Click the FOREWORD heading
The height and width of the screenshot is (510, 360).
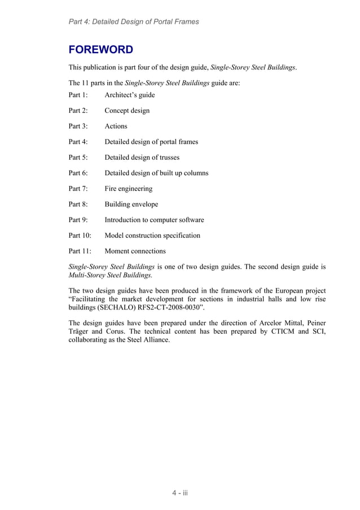click(x=101, y=49)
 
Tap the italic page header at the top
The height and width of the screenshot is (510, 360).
click(x=133, y=21)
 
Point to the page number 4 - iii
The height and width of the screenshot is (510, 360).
click(x=180, y=493)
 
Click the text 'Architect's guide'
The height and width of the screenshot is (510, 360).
click(x=129, y=95)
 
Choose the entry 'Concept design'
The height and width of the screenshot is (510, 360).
click(x=127, y=111)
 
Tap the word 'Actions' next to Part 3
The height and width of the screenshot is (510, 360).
click(x=116, y=126)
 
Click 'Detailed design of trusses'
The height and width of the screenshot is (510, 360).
click(x=142, y=158)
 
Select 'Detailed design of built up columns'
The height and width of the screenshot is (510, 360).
click(x=156, y=173)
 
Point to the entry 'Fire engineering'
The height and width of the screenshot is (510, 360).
click(x=128, y=189)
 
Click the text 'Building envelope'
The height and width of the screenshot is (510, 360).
click(x=131, y=204)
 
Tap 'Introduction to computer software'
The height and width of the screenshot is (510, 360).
click(x=154, y=220)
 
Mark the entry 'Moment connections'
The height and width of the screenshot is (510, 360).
click(x=135, y=251)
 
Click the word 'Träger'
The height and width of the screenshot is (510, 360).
click(x=80, y=332)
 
